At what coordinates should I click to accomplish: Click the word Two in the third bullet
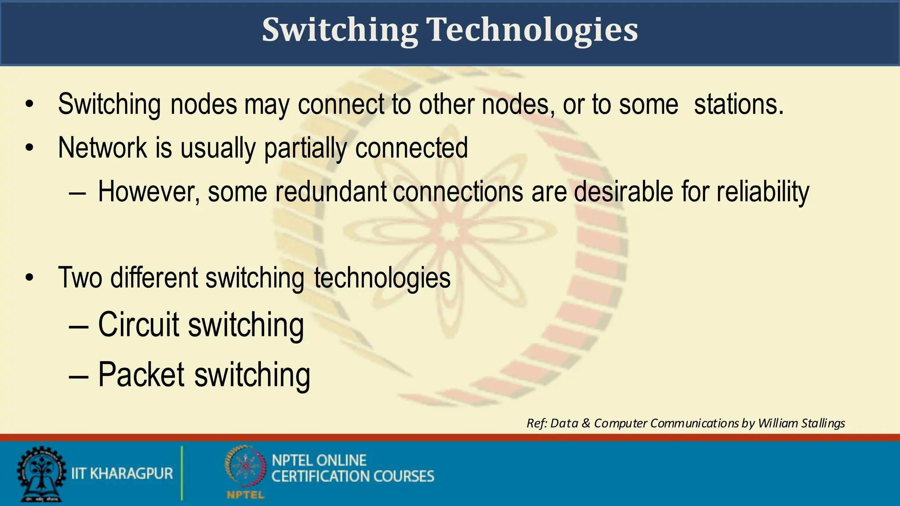coord(80,278)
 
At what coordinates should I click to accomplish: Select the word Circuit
coord(138,325)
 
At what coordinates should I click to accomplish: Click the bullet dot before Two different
coord(29,278)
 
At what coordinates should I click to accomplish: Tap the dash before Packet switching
coord(79,376)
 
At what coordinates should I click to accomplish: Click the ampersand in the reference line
coord(586,423)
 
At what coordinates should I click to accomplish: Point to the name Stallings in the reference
coord(823,423)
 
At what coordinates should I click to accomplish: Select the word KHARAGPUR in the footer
coord(131,473)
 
